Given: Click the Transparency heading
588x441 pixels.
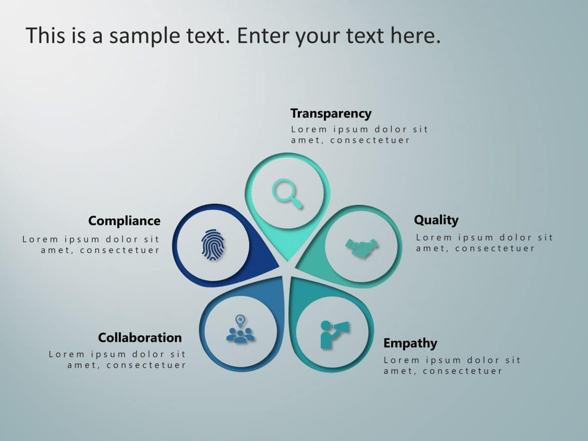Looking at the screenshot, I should [x=331, y=114].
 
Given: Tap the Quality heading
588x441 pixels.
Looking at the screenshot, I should [x=436, y=220].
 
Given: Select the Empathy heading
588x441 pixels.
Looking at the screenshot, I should [x=410, y=343].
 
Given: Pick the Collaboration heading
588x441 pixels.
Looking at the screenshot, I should [x=140, y=337].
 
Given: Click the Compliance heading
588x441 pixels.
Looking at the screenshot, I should [x=124, y=221].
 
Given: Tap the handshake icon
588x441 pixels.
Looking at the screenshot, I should [x=361, y=248].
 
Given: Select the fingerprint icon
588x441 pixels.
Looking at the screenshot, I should [x=213, y=245].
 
